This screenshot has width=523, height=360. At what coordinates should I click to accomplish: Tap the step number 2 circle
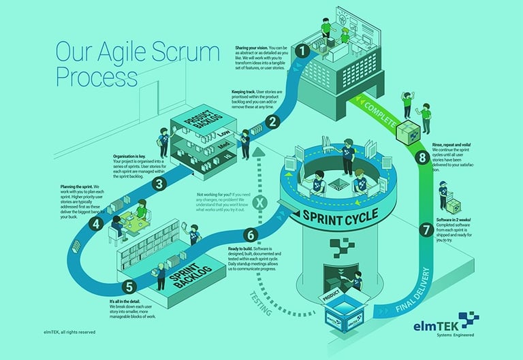point(273,122)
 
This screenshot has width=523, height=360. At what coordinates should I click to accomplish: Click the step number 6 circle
point(251,235)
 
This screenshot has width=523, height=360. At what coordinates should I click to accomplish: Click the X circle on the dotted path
point(258,203)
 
